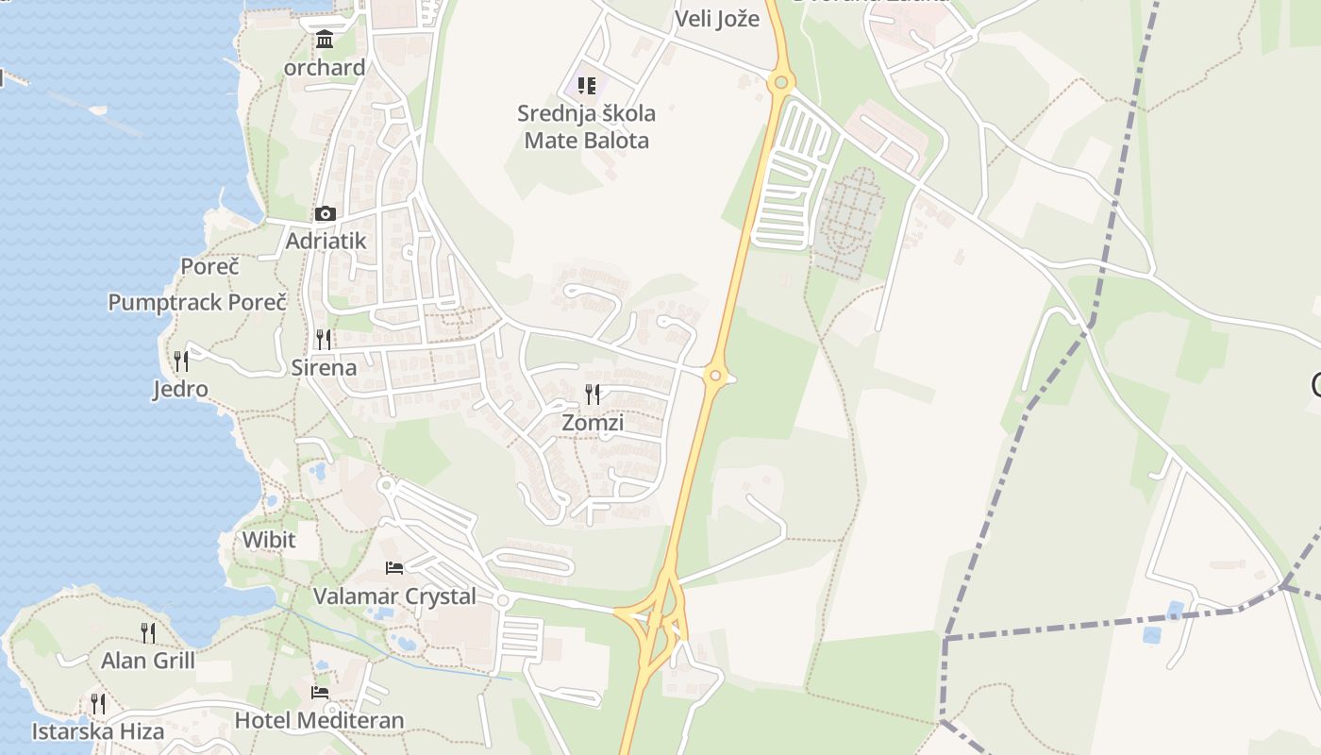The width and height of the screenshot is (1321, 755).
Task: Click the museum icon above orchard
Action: [325, 40]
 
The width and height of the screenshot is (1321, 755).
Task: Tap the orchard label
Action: [325, 68]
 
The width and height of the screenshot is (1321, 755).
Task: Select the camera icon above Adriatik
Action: [325, 214]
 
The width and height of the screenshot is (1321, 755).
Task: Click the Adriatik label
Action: [326, 241]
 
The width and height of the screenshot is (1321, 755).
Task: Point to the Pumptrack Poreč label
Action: [197, 303]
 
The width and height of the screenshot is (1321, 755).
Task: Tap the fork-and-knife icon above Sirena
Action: [324, 340]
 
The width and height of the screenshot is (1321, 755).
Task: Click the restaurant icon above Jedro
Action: [180, 361]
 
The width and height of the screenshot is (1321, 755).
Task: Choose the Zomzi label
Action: [593, 423]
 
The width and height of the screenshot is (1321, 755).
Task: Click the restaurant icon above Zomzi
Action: [593, 394]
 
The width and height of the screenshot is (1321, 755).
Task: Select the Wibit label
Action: [269, 540]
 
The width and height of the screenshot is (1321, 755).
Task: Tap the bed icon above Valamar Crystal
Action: [394, 568]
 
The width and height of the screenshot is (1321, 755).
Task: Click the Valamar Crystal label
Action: [394, 596]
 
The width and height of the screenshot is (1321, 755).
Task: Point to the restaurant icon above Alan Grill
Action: [148, 632]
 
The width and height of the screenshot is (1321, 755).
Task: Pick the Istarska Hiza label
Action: [98, 731]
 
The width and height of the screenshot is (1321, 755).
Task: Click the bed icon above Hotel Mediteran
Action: [320, 693]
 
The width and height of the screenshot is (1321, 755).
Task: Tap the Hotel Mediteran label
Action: [319, 720]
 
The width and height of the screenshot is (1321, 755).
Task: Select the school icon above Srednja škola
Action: [586, 87]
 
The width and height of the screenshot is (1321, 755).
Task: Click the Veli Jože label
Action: [717, 19]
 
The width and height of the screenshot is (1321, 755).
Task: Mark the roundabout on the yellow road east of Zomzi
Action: [716, 377]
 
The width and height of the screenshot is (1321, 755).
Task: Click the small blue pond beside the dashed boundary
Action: [1175, 611]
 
